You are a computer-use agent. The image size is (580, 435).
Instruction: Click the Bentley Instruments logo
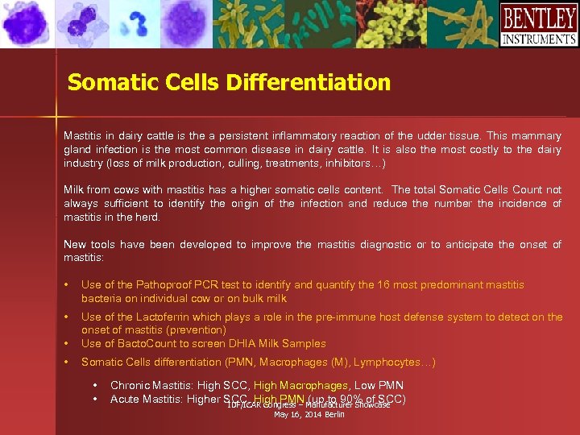538,25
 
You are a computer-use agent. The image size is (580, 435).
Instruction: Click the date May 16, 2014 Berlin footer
309,414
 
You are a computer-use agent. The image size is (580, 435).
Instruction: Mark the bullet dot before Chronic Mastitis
95,387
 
